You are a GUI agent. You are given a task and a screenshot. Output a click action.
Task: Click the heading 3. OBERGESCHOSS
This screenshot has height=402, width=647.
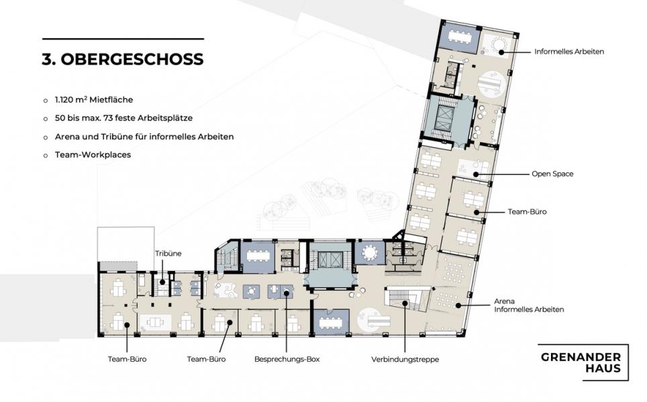(x=122, y=60)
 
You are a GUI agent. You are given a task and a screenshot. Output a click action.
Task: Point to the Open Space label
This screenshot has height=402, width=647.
(x=552, y=174)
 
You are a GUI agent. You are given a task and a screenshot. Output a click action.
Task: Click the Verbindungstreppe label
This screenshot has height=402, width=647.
(x=405, y=360)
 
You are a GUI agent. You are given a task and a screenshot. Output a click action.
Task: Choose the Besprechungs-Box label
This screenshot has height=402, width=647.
(x=287, y=360)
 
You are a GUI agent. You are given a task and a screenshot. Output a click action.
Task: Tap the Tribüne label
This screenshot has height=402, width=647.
(x=168, y=254)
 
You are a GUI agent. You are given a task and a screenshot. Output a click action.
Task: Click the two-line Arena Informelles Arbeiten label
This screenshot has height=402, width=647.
(x=529, y=306)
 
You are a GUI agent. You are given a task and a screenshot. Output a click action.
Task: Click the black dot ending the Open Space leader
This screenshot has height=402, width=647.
(x=475, y=174)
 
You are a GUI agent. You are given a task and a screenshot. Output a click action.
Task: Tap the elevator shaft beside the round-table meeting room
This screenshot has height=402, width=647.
(x=329, y=259)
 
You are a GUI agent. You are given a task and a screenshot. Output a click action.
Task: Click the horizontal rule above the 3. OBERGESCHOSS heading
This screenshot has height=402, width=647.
(x=122, y=39)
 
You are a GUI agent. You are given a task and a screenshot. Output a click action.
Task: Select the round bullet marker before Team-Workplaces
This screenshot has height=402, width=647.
(x=45, y=154)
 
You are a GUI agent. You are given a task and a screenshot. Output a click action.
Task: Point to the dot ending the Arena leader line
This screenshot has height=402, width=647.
(x=458, y=306)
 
